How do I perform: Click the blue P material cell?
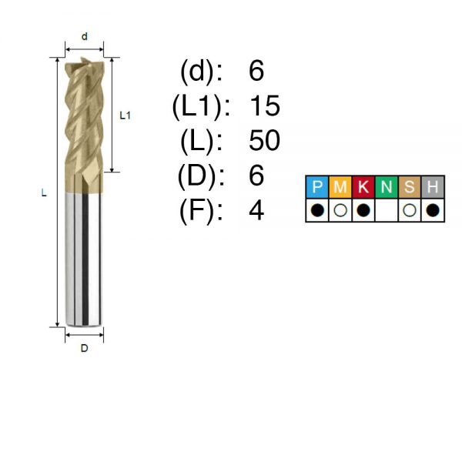pos(317,187)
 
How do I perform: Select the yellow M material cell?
pos(340,187)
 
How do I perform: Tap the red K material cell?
pos(363,187)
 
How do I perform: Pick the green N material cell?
pos(387,187)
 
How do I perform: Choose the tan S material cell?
pos(410,187)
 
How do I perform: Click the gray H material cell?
pos(433,187)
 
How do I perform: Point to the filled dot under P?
pos(317,210)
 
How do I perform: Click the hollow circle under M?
pos(340,210)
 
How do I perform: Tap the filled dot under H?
pos(433,210)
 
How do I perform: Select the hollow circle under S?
pos(410,210)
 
